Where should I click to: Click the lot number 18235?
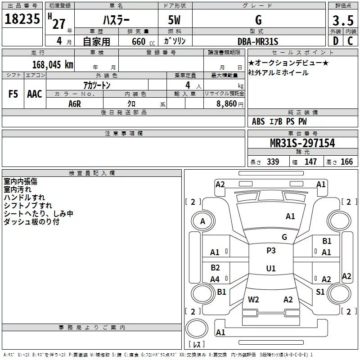pyautogui.click(x=22, y=19)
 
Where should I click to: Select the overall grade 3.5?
pyautogui.click(x=343, y=20)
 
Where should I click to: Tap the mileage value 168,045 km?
pyautogui.click(x=53, y=65)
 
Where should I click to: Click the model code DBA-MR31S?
pyautogui.click(x=258, y=41)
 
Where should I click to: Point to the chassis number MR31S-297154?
pyautogui.click(x=302, y=143)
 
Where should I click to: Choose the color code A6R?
pyautogui.click(x=75, y=104)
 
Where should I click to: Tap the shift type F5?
pyautogui.click(x=13, y=94)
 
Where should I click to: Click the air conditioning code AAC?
pyautogui.click(x=35, y=94)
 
